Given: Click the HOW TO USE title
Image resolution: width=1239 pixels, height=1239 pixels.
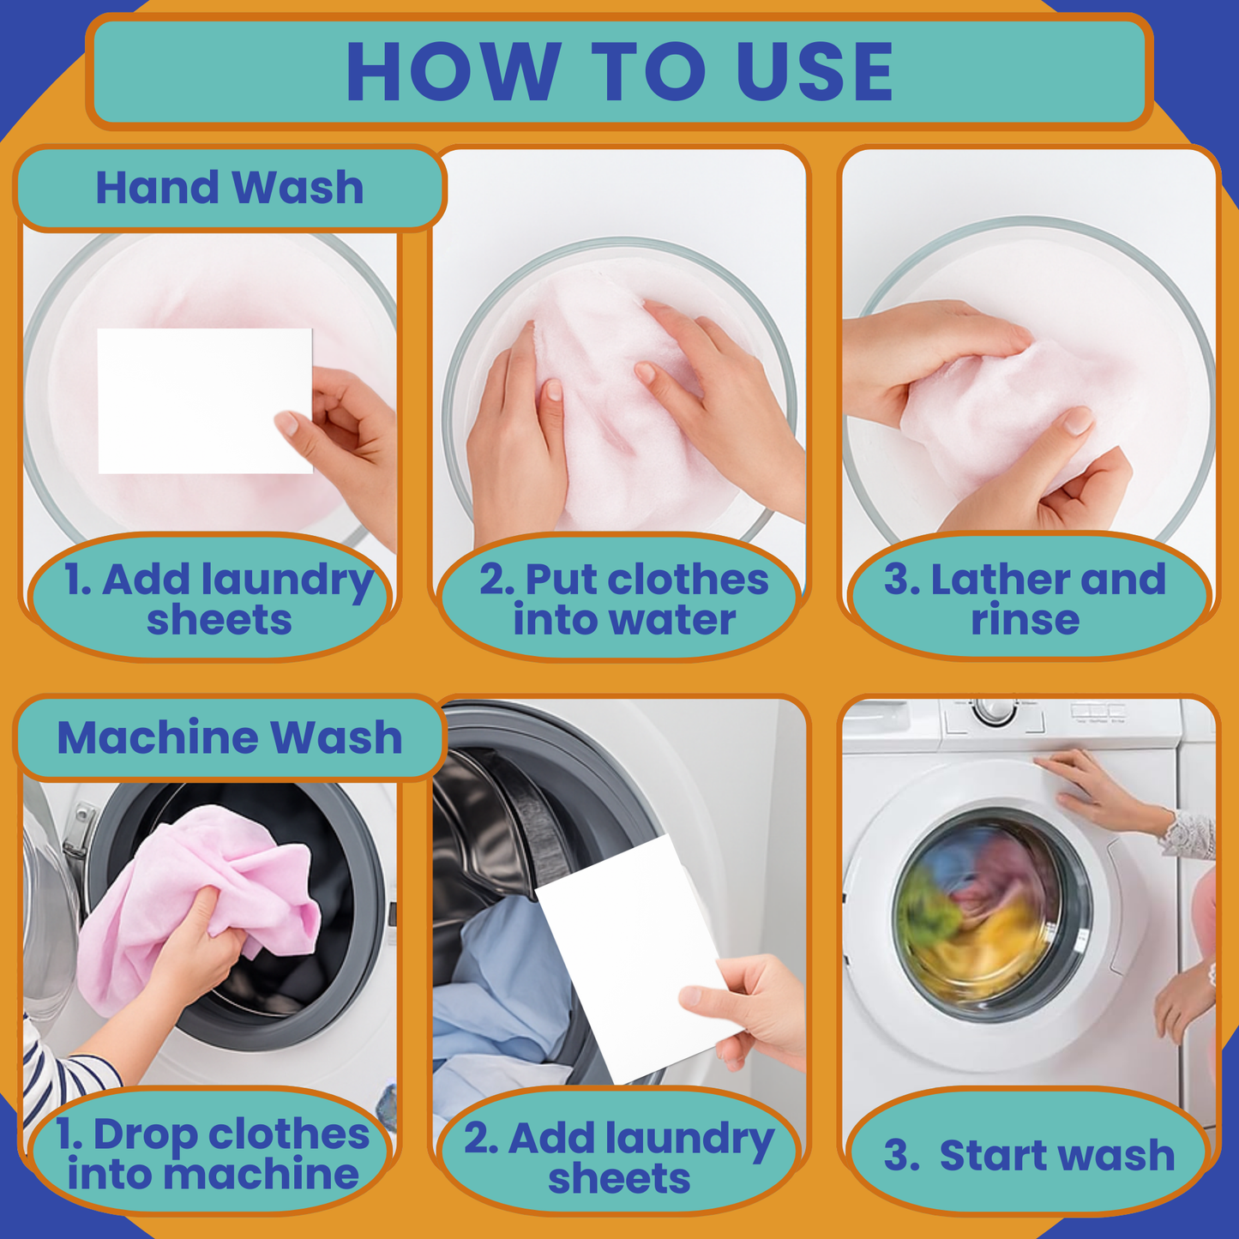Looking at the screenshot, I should click(619, 72).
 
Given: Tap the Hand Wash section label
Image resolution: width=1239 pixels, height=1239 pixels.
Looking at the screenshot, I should click(229, 188).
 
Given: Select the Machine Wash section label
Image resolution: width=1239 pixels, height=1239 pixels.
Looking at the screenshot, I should click(229, 737).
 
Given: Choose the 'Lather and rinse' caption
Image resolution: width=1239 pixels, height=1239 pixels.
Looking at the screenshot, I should click(1027, 598).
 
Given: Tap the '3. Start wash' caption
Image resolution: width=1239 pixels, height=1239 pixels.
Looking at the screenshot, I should click(1029, 1154).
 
